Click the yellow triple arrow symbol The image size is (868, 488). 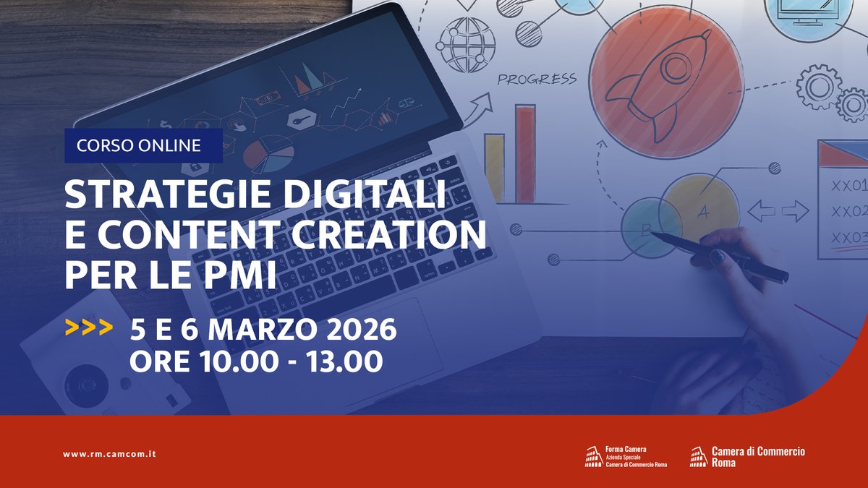coord(88,329)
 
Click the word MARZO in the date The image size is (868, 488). coord(253,330)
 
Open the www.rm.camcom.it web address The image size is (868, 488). coord(109,454)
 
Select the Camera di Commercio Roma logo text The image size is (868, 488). coord(757,456)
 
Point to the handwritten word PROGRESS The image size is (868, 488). coord(536,79)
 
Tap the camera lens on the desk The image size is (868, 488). coord(87,383)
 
